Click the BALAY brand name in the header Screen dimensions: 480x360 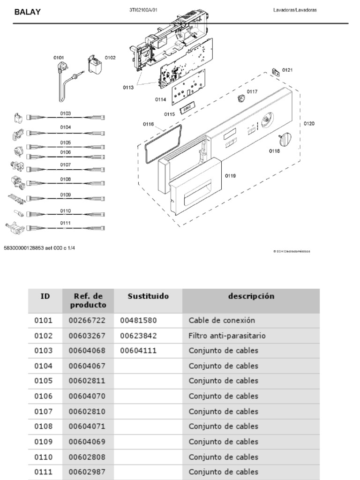click(x=27, y=13)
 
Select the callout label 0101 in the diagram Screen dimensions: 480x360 click(x=58, y=58)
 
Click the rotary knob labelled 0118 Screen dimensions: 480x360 click(x=285, y=139)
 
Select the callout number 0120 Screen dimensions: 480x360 click(x=309, y=124)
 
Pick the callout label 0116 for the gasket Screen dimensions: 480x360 click(x=148, y=124)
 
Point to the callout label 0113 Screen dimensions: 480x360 click(x=128, y=87)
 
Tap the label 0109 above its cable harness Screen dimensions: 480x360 click(x=65, y=195)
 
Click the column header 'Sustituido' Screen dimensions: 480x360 click(x=148, y=296)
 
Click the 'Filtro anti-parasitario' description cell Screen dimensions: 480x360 click(x=227, y=336)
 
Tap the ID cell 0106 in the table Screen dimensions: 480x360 click(x=43, y=396)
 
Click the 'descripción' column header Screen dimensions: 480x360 click(x=251, y=296)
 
